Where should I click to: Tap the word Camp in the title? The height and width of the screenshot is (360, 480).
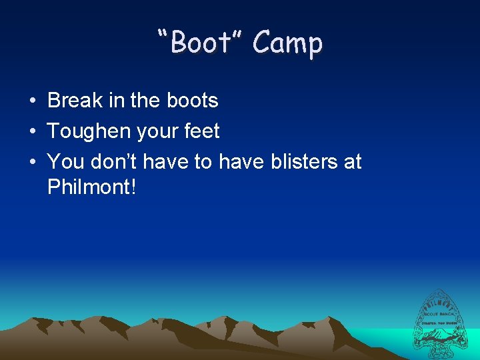point(288,43)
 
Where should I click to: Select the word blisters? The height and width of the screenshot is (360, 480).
point(304,161)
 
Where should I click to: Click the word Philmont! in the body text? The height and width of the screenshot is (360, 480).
point(92,187)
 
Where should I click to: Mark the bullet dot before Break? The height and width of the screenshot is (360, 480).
point(32,101)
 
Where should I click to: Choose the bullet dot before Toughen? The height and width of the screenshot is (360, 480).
point(32,132)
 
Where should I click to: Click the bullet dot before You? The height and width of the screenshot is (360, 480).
point(32,162)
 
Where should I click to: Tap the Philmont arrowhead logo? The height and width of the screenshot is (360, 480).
point(441,323)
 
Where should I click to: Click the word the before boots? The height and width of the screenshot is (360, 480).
point(145,101)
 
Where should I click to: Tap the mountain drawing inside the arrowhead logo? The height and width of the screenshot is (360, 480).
point(441,337)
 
